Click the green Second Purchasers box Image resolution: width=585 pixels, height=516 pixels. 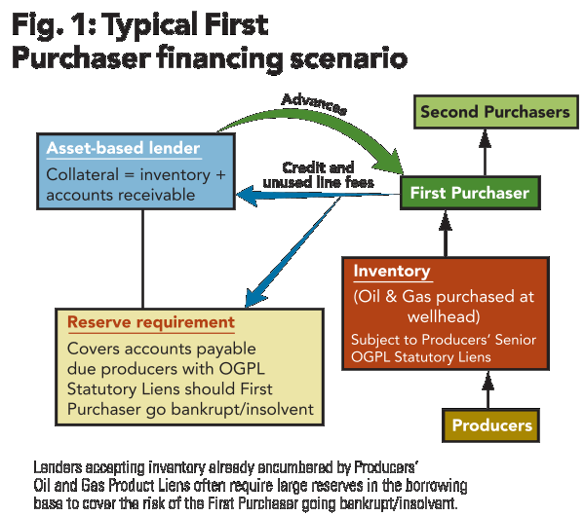tap(494, 113)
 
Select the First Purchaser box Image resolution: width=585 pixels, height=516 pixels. tap(469, 193)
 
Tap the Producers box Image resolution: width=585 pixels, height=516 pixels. tap(492, 425)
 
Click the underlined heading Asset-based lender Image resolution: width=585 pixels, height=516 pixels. tap(123, 149)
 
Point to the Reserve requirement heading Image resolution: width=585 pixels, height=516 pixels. tap(150, 322)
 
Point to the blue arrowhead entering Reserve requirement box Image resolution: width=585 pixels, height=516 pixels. tap(252, 298)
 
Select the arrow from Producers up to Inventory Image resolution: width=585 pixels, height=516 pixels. tap(487, 391)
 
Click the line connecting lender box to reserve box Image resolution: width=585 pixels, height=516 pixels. tap(142, 258)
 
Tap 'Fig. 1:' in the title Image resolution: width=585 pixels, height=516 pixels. tap(47, 24)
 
